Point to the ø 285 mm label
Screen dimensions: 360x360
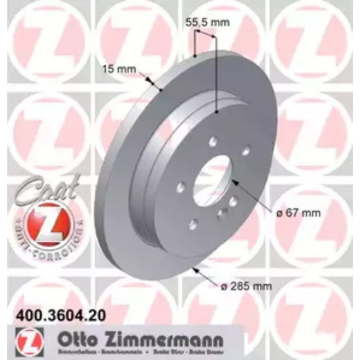(x=251, y=286)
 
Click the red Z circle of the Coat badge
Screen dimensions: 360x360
(x=43, y=223)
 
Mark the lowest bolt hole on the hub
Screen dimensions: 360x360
(x=193, y=224)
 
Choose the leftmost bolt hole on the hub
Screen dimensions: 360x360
(x=179, y=187)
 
